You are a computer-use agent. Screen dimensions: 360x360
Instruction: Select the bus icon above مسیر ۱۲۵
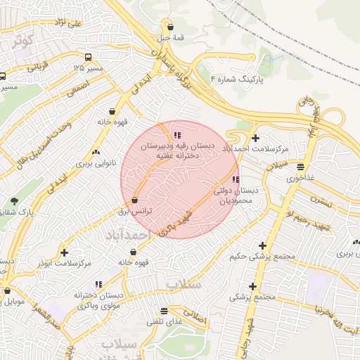pyautogui.click(x=86, y=57)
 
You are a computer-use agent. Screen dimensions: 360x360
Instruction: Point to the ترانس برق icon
pyautogui.click(x=134, y=200)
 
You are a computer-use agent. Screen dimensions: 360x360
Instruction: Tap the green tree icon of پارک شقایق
pyautogui.click(x=13, y=201)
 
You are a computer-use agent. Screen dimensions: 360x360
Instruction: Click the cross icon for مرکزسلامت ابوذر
pyautogui.click(x=65, y=252)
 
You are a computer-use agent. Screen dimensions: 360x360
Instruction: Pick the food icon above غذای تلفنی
pyautogui.click(x=164, y=310)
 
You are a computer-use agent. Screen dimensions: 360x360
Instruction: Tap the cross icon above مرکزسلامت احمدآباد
pyautogui.click(x=255, y=139)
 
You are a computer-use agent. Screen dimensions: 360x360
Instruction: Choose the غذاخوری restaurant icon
pyautogui.click(x=300, y=167)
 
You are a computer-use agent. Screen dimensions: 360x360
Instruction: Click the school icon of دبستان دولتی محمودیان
pyautogui.click(x=235, y=179)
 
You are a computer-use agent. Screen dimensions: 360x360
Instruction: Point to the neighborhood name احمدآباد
pyautogui.click(x=126, y=232)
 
